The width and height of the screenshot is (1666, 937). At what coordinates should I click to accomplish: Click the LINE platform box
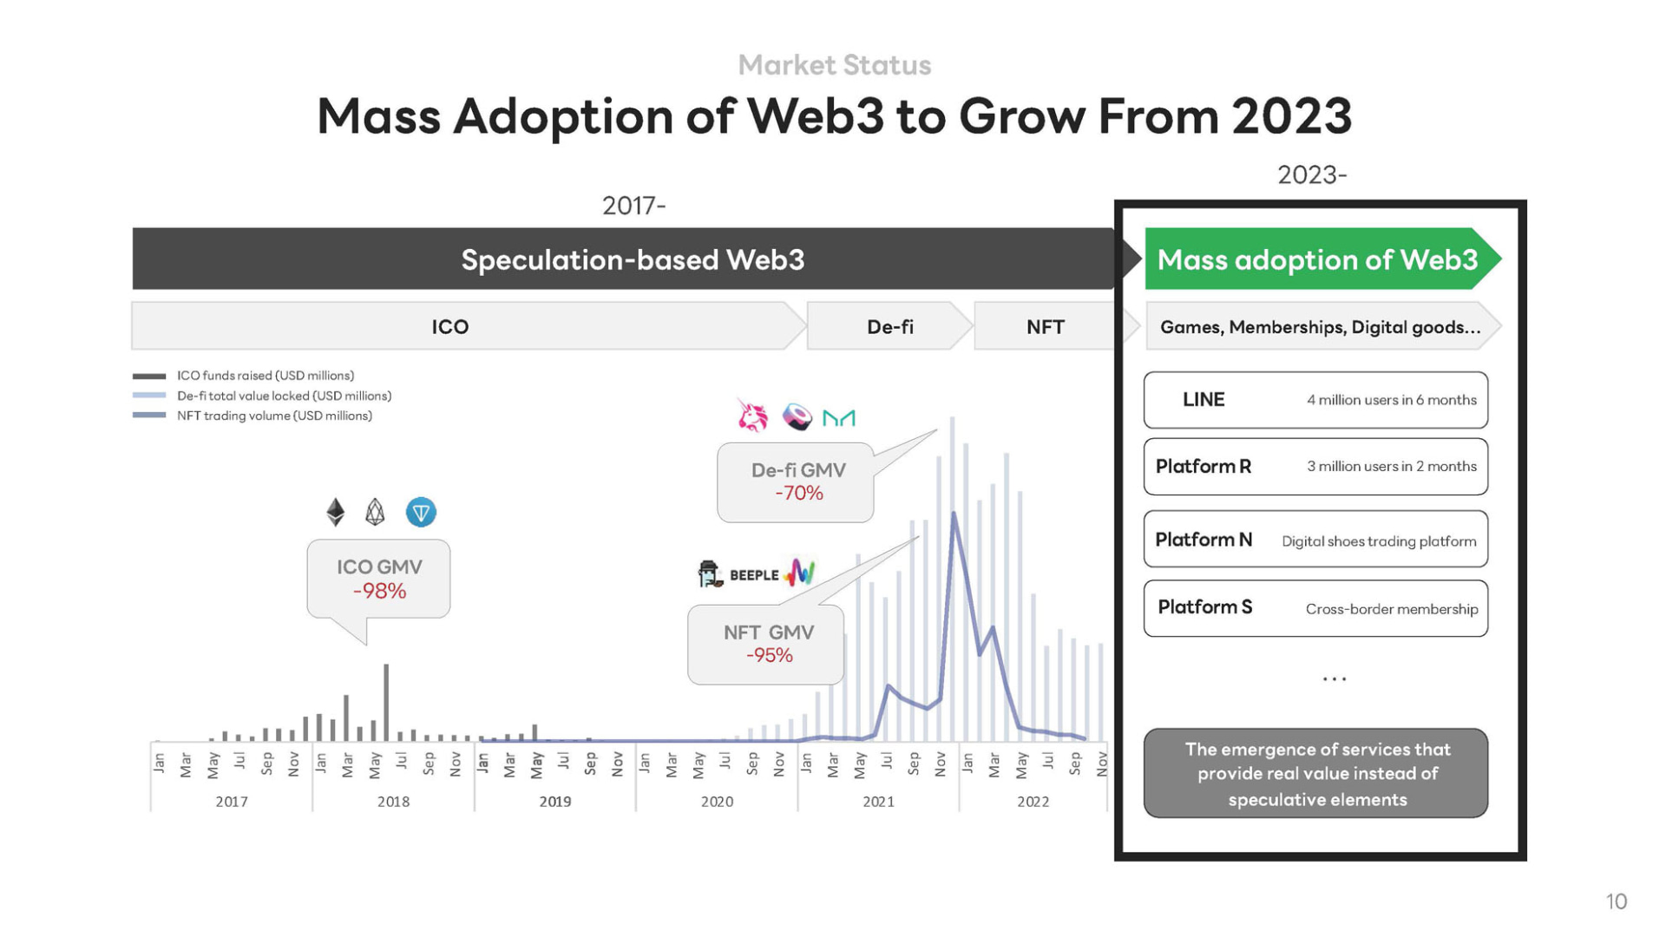1315,400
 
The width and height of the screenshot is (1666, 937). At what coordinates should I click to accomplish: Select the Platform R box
1315,467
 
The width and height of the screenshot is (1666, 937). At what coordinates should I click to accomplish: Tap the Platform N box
1315,540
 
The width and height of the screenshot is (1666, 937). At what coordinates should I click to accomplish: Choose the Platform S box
1315,608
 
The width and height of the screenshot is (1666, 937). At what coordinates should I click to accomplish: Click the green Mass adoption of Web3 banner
1317,259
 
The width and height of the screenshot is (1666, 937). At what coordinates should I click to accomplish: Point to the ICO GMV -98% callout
379,579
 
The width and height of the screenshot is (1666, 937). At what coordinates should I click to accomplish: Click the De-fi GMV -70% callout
797,482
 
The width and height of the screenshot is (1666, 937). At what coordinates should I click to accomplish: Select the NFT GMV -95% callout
767,644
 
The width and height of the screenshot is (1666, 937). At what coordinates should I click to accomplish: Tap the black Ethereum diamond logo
336,512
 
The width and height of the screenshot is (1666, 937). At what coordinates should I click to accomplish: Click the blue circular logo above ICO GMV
421,512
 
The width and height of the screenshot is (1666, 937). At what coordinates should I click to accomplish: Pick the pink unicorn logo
752,416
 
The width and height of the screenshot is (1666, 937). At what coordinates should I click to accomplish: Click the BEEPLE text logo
754,575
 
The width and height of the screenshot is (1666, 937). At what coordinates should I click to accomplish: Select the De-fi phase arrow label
889,327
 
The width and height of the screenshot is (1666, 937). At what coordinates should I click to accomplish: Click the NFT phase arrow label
1045,327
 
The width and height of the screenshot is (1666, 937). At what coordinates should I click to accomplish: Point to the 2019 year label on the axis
555,802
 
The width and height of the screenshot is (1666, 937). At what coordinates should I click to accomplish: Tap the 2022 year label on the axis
1033,802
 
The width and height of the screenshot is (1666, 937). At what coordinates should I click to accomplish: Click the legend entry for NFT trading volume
274,416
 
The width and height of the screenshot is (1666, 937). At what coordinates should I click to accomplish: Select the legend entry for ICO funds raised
266,376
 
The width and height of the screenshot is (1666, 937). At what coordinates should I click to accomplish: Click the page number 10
1616,901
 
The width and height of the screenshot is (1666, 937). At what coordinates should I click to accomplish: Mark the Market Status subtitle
834,65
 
